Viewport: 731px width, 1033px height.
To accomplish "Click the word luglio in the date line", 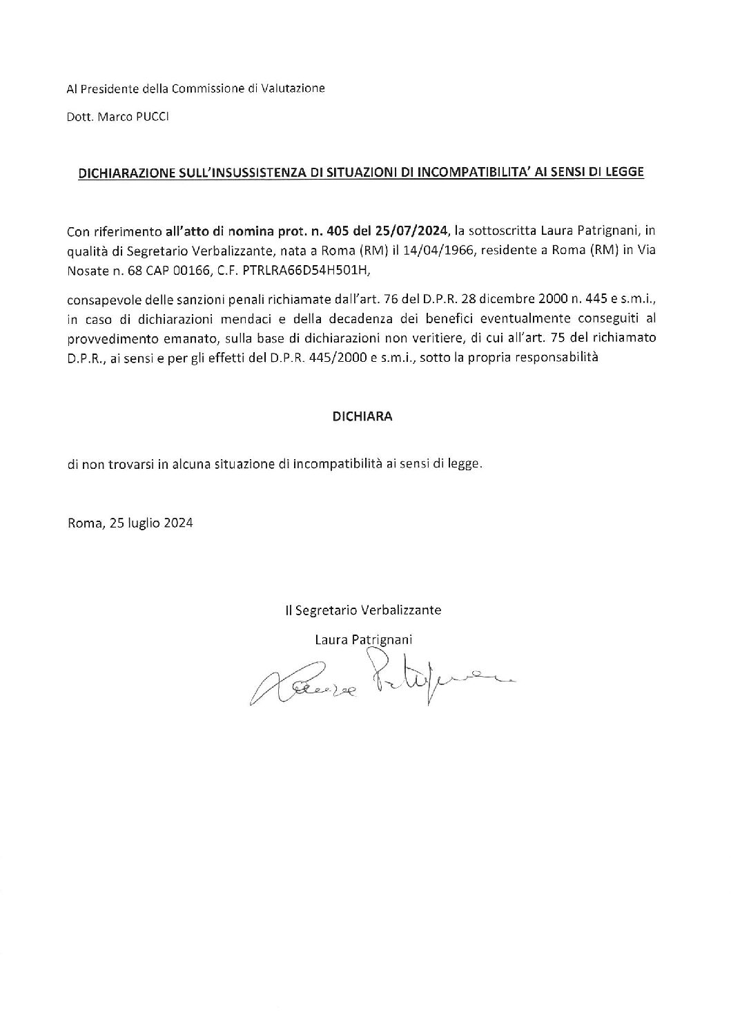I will [144, 523].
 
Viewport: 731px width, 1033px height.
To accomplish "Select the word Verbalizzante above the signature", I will [402, 610].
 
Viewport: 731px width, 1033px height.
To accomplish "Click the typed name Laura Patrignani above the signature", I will [363, 640].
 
